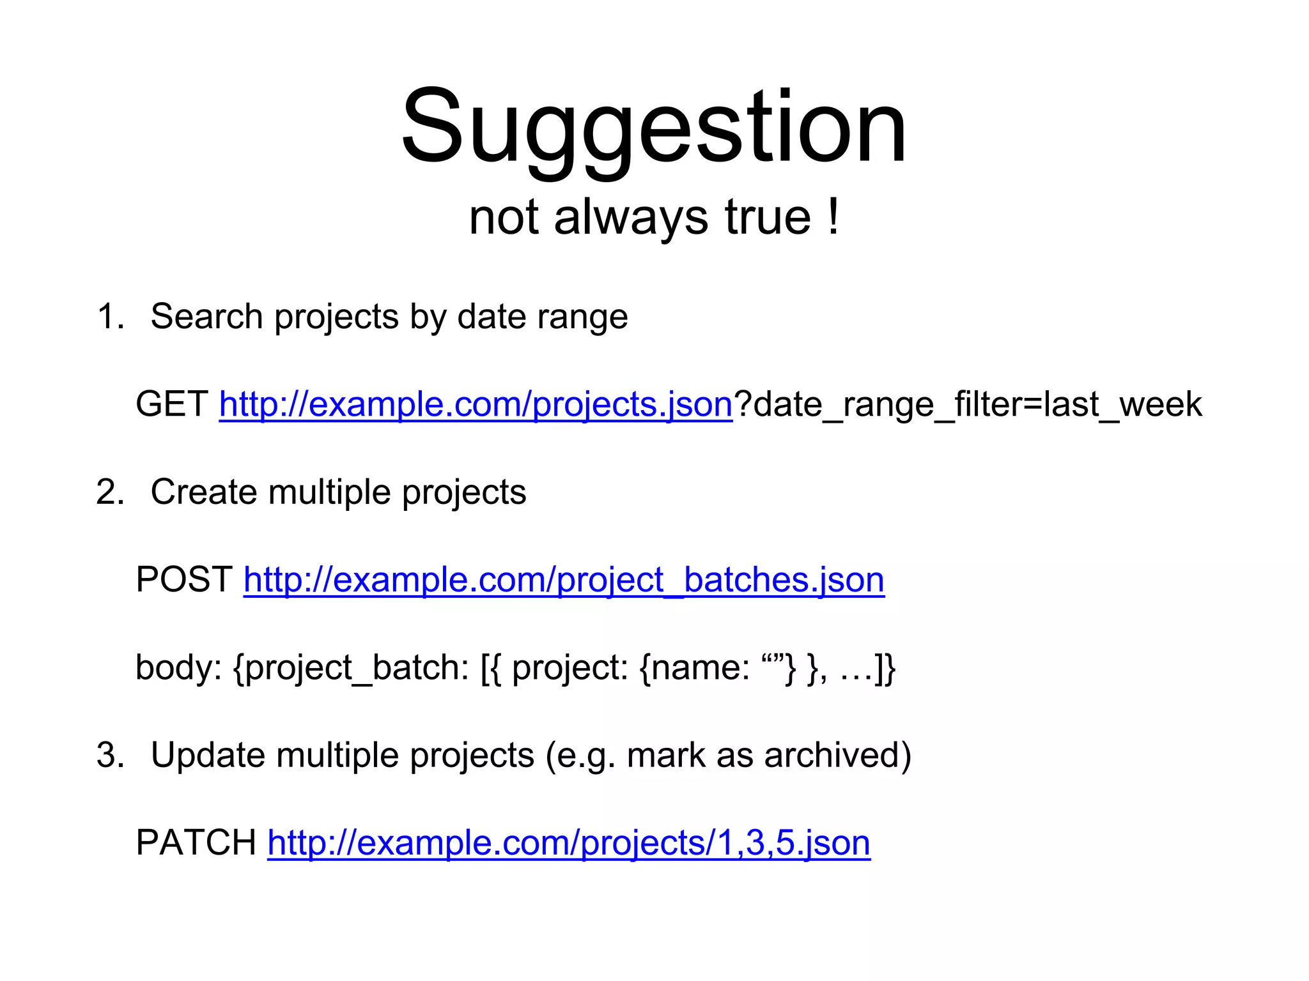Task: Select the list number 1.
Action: click(x=109, y=317)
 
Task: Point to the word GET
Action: click(x=171, y=404)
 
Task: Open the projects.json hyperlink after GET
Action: click(x=476, y=404)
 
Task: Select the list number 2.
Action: click(x=109, y=492)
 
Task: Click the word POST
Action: click(x=184, y=580)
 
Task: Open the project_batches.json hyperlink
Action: click(x=564, y=580)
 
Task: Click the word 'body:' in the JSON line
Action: click(x=178, y=668)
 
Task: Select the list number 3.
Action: click(x=109, y=756)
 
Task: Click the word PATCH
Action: click(x=196, y=843)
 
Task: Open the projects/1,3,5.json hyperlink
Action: click(x=569, y=843)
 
